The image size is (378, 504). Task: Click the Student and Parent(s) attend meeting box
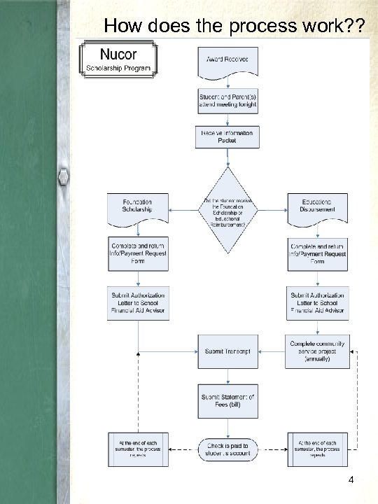coord(227,99)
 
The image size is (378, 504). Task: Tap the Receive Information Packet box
coord(227,136)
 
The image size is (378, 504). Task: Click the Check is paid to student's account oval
coord(227,448)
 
